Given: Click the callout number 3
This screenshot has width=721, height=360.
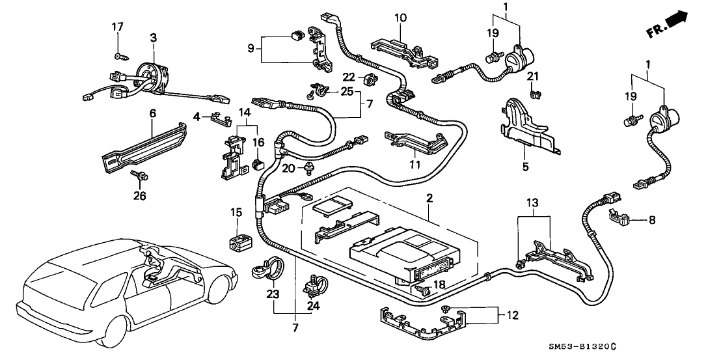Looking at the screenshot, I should [x=153, y=39].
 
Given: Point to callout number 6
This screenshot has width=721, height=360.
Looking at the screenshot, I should [x=153, y=113].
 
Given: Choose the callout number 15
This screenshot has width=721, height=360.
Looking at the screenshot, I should [x=236, y=213].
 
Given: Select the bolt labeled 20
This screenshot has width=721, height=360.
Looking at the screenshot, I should [x=308, y=170].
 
